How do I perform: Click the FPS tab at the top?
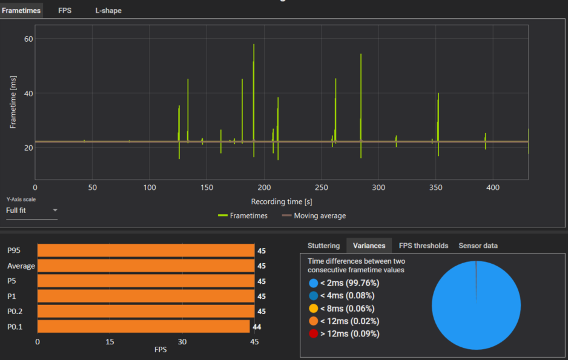(65, 10)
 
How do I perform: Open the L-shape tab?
(108, 10)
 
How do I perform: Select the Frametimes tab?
(21, 10)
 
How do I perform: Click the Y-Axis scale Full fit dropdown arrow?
(55, 210)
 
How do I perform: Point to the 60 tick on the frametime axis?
(28, 39)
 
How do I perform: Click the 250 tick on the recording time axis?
(322, 188)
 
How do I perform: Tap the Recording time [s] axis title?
(282, 201)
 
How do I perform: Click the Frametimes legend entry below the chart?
(243, 215)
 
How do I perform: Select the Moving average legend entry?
(314, 215)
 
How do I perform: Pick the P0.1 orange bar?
(144, 326)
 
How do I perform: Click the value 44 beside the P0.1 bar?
(257, 327)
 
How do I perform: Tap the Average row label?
(21, 266)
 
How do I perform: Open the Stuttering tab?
(323, 246)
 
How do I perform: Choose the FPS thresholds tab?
(423, 246)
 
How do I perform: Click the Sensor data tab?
(478, 246)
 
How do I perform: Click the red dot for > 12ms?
(313, 333)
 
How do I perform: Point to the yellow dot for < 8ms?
(313, 308)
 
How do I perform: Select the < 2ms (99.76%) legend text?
(349, 283)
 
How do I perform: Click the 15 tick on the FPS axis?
(110, 342)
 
